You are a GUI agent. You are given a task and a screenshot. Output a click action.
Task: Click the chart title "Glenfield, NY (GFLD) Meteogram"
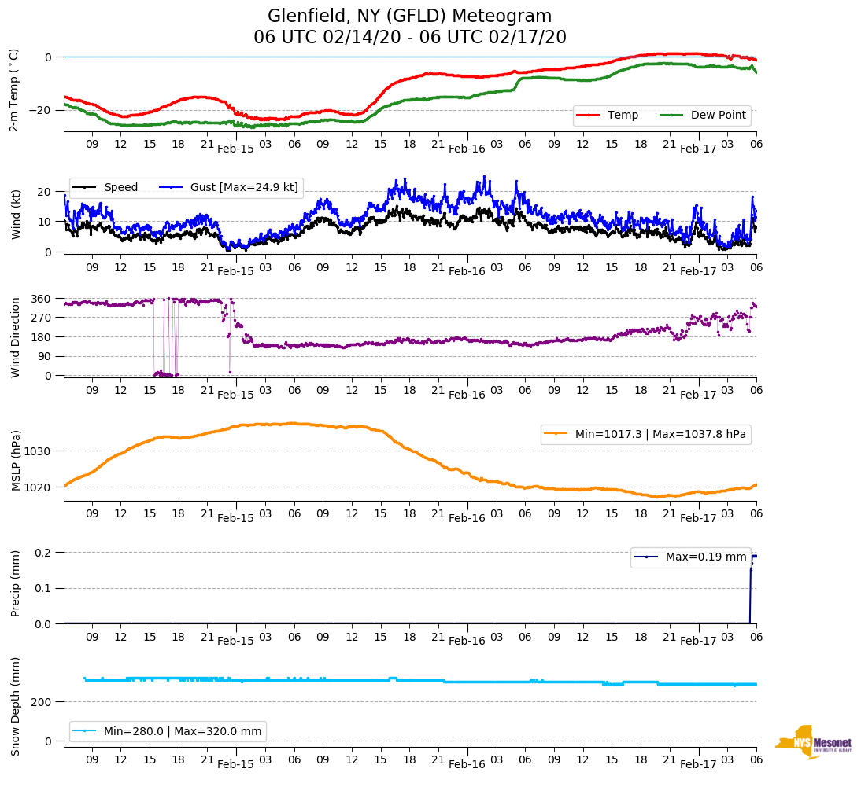coord(409,16)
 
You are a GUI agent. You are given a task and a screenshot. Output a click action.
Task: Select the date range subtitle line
coord(409,37)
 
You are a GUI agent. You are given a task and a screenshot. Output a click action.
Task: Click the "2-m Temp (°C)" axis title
coord(13,89)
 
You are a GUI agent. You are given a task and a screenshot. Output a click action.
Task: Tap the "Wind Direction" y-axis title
coord(15,337)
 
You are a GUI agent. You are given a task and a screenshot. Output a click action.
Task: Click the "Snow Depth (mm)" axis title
coord(15,706)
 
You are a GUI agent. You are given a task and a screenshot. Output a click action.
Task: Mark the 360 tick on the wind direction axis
coord(42,299)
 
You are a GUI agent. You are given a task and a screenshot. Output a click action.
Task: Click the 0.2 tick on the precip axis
coord(43,552)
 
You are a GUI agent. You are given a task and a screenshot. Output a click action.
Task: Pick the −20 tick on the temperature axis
coord(39,110)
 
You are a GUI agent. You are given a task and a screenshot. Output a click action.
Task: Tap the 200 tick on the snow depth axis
coord(42,701)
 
